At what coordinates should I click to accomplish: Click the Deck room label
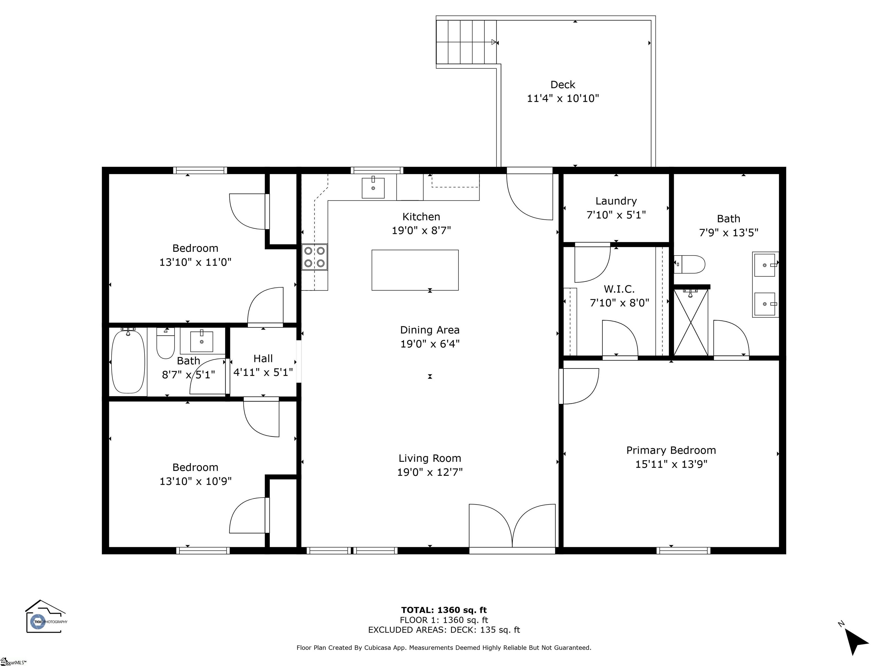pos(563,85)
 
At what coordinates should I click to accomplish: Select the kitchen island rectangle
pos(415,270)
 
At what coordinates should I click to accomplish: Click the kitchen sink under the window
pos(373,188)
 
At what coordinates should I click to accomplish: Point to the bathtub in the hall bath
pos(128,361)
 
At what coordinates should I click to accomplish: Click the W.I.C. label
pos(619,289)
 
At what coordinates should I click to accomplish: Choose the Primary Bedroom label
pos(671,450)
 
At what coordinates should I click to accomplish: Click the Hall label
pos(263,358)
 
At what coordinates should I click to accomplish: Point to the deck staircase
pos(466,42)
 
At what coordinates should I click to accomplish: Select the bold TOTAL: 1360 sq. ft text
pos(444,610)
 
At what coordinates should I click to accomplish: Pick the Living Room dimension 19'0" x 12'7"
pos(430,472)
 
